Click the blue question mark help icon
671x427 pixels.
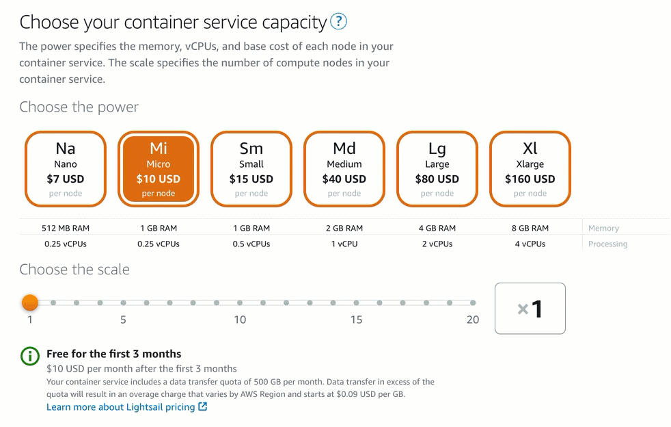[338, 21]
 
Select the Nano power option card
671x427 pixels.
[66, 169]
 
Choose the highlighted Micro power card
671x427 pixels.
[159, 169]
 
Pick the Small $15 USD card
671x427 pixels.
[251, 169]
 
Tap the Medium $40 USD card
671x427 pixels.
[344, 169]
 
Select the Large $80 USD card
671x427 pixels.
[437, 169]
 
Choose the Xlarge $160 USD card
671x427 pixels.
[530, 169]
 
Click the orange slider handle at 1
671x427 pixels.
[30, 302]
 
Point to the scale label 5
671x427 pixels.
[123, 320]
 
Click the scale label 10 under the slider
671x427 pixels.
[240, 320]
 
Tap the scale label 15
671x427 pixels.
[356, 320]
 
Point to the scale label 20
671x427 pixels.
[473, 320]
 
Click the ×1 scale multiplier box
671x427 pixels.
[530, 309]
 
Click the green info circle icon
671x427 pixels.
[30, 356]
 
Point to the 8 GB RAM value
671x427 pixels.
[530, 228]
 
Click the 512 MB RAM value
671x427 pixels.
[66, 228]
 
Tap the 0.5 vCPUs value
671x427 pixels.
[251, 244]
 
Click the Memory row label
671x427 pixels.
[603, 228]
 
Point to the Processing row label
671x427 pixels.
[607, 244]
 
